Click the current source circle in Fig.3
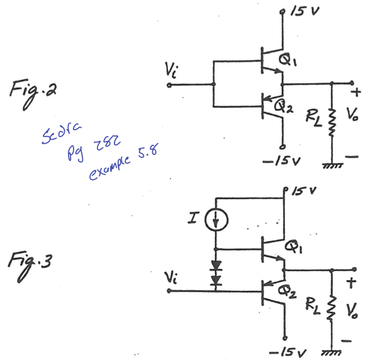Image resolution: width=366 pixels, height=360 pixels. pyautogui.click(x=216, y=221)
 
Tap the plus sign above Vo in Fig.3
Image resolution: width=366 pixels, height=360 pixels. pyautogui.click(x=353, y=280)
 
